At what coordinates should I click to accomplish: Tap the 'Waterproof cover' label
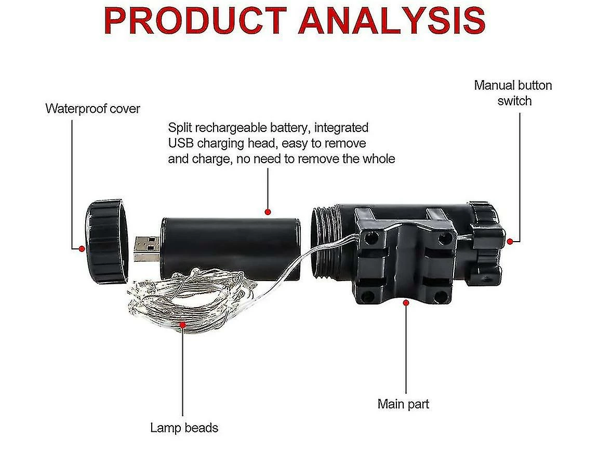point(92,109)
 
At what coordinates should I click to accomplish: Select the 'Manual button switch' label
point(513,92)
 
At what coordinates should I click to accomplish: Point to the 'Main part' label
point(403,404)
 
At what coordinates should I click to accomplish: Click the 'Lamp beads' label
point(184,428)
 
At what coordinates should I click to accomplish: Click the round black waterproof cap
point(106,241)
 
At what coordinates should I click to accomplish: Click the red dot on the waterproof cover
point(82,249)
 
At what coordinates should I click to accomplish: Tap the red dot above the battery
point(268,211)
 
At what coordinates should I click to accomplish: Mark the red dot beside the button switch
point(510,241)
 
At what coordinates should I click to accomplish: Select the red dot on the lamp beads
point(182,324)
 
